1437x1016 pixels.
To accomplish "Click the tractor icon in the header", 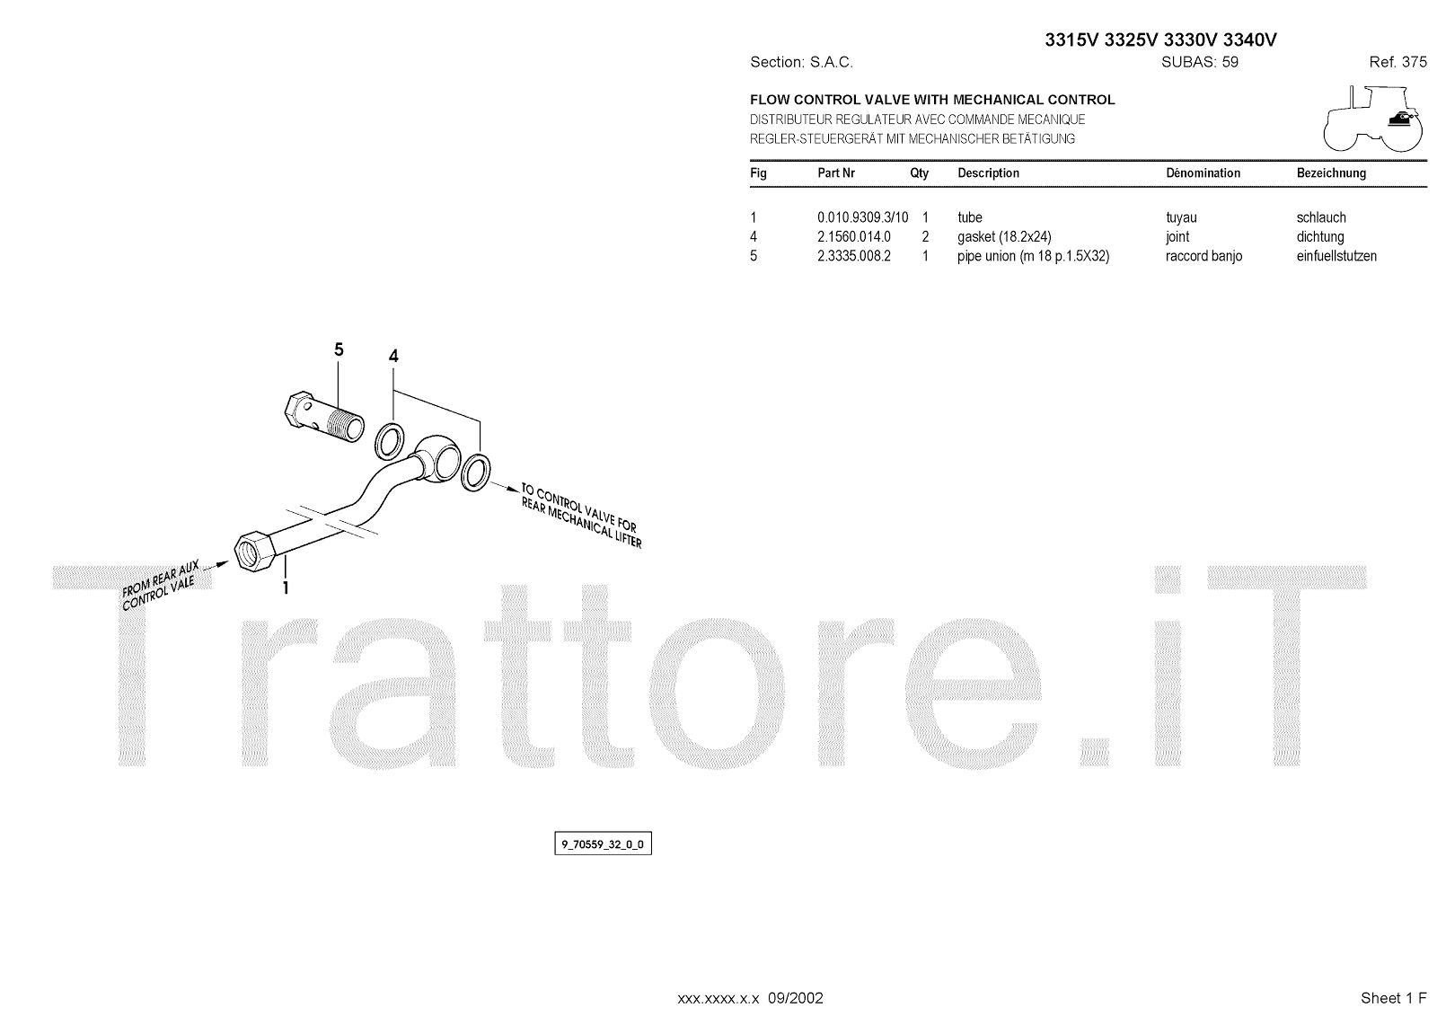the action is click(1372, 119).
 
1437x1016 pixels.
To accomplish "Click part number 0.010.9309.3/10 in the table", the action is click(862, 217).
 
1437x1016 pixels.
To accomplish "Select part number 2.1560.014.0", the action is click(853, 237).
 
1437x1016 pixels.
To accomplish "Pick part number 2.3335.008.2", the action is click(853, 256).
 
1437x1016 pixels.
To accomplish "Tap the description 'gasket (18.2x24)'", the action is click(1004, 237).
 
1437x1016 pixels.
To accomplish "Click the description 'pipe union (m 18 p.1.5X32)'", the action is click(1033, 256).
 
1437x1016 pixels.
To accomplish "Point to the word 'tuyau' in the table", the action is click(1181, 217).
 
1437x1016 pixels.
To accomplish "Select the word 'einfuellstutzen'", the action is click(1336, 256).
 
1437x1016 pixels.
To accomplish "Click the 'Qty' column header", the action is click(919, 172).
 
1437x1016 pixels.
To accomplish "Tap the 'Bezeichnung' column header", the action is click(1331, 172).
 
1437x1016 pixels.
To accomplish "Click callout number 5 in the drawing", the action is click(339, 349).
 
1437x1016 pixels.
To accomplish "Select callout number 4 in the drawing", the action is click(393, 357).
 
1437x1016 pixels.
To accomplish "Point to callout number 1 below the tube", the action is click(286, 588).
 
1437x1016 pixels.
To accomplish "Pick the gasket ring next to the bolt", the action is click(388, 439).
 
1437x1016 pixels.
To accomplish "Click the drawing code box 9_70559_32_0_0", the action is click(603, 844).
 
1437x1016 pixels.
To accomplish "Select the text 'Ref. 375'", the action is click(1397, 62).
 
